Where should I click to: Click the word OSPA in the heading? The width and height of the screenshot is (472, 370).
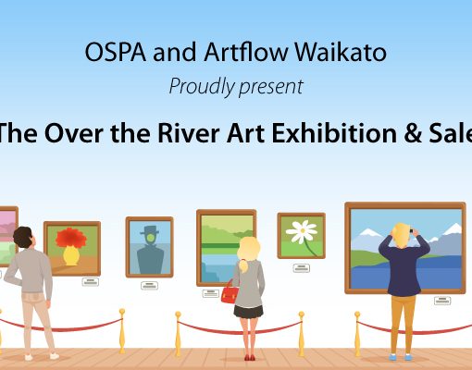click(x=116, y=52)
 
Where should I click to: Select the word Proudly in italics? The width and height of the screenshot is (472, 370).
click(x=202, y=87)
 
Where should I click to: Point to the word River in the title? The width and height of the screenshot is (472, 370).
click(x=189, y=133)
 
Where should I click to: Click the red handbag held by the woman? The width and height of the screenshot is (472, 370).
click(x=230, y=292)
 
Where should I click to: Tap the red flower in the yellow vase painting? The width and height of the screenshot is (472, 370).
click(x=71, y=238)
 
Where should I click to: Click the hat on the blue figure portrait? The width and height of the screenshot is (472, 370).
click(x=150, y=229)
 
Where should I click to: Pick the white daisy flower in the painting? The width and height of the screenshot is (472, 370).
click(x=302, y=231)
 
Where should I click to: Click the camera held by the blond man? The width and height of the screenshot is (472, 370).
click(x=411, y=231)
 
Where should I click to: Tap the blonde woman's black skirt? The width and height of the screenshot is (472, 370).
click(x=248, y=312)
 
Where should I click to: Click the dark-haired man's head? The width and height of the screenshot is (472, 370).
click(x=22, y=237)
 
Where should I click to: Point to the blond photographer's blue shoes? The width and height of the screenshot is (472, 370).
click(x=400, y=357)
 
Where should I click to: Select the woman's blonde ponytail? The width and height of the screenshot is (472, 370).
click(x=243, y=266)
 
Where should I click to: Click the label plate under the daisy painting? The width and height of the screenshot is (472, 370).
click(x=302, y=268)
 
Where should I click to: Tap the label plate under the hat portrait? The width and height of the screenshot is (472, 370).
click(x=150, y=286)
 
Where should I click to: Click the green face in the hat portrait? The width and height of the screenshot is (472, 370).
click(x=150, y=238)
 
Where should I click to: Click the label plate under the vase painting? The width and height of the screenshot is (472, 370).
click(x=91, y=282)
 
